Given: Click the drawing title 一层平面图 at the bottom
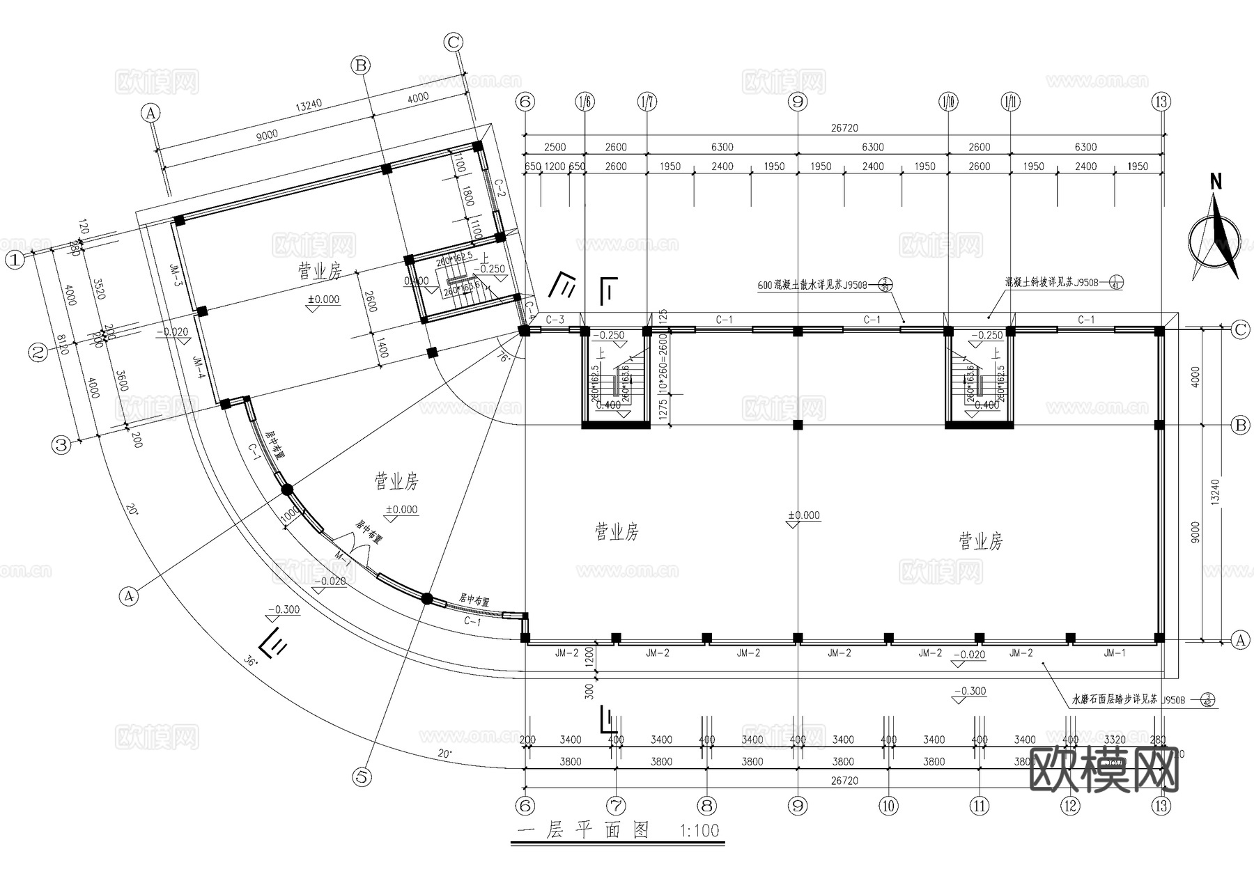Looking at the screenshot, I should click(x=584, y=830).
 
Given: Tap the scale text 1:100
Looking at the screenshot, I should click(x=698, y=831).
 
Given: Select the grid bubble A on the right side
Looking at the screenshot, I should click(x=1239, y=640).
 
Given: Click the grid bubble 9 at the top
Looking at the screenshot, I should click(x=798, y=102).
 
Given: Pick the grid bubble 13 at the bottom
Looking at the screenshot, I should click(x=1161, y=806).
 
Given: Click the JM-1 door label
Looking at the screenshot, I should click(x=1114, y=653).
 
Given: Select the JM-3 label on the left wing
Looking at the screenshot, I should click(x=176, y=274).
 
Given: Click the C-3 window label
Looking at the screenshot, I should click(x=555, y=320).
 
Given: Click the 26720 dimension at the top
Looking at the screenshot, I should click(x=844, y=128).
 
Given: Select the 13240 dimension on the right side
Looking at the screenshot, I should click(x=1216, y=490).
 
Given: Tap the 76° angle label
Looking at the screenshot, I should click(x=504, y=358).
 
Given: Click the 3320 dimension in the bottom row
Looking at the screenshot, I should click(x=1115, y=740).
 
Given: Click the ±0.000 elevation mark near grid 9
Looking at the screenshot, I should click(x=804, y=515).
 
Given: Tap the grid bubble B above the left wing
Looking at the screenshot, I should click(x=360, y=65).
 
